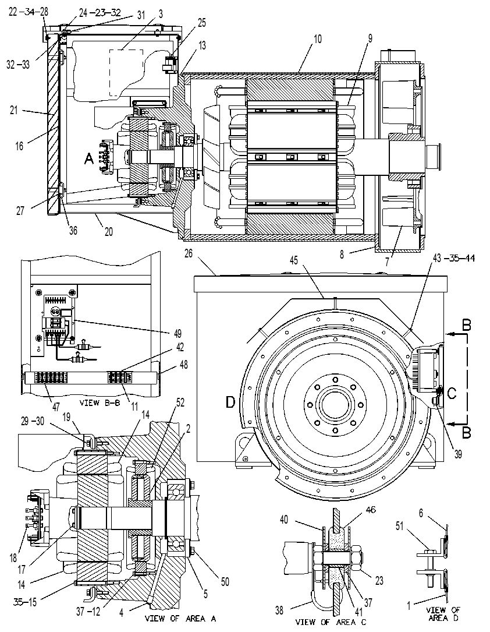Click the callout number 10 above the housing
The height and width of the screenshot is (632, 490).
318,39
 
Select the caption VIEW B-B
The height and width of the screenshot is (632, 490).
100,402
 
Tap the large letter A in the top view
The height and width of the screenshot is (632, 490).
88,160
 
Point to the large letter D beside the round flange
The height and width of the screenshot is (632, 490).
230,402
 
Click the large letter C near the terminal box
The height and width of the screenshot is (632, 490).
452,393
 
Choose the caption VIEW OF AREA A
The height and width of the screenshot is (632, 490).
180,618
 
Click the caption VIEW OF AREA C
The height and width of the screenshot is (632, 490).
331,622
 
